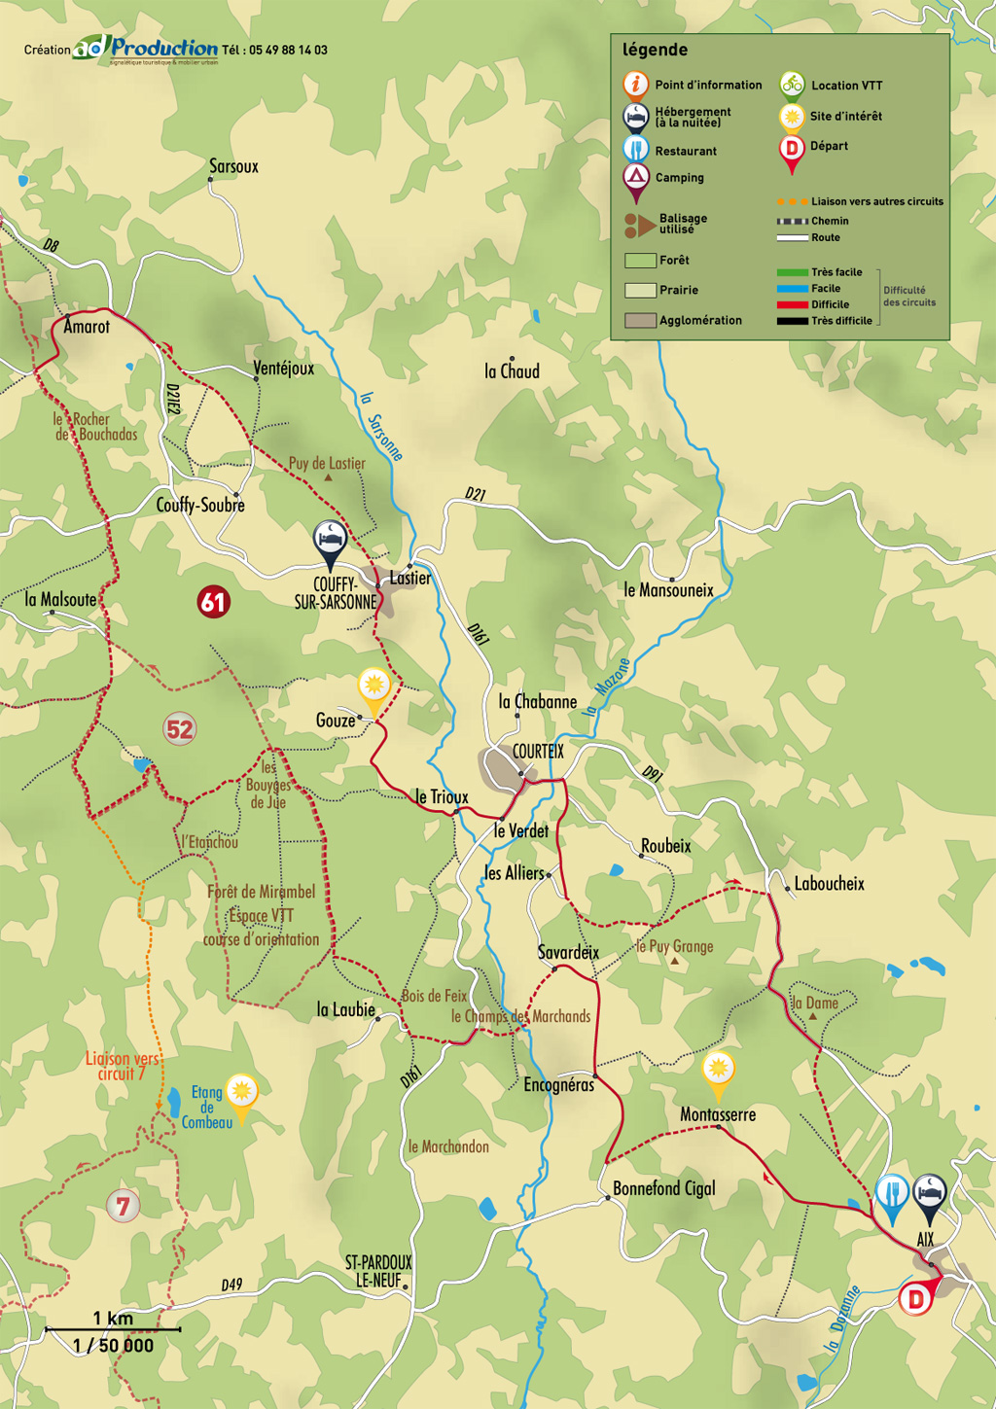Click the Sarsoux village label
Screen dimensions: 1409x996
[233, 166]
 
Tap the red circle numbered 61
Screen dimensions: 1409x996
[213, 602]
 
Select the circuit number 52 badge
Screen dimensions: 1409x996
[179, 728]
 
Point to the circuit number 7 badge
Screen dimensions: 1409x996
[123, 1207]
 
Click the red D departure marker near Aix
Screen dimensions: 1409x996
[914, 1298]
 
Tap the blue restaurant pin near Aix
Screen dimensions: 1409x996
[891, 1193]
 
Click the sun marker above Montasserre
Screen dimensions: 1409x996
[718, 1071]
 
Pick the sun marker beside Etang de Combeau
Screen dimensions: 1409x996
[240, 1093]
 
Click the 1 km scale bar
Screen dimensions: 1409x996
[113, 1328]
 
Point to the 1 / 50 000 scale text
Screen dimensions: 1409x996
[113, 1346]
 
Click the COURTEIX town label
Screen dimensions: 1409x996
[538, 752]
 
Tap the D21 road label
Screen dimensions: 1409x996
[475, 494]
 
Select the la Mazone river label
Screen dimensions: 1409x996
[607, 687]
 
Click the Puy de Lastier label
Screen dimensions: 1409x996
[327, 464]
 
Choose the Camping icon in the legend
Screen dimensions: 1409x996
[635, 177]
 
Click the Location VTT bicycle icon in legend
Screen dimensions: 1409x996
[792, 85]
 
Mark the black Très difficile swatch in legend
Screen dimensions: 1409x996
[792, 321]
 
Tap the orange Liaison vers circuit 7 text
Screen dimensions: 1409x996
[122, 1066]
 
